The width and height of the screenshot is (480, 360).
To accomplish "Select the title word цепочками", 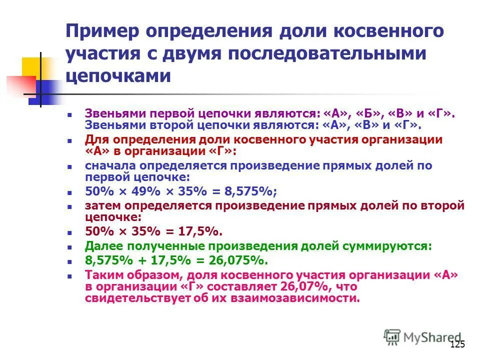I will click(118, 75).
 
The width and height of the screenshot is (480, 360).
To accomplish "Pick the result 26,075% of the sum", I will click(238, 260).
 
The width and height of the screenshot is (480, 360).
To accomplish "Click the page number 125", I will click(457, 344).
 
